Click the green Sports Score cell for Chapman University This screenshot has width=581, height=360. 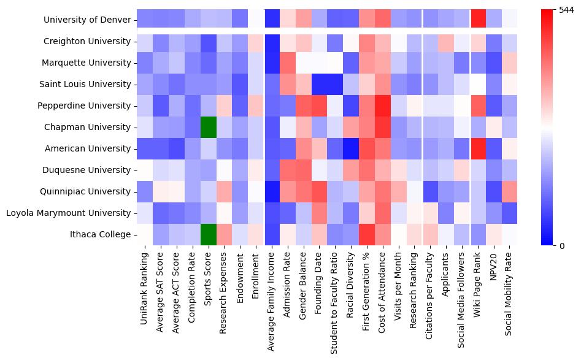[208, 127]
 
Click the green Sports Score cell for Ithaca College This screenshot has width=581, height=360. [208, 234]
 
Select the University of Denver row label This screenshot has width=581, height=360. [87, 20]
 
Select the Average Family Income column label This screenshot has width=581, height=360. [272, 300]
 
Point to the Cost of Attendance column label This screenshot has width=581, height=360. [383, 294]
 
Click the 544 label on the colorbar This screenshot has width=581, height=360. [566, 10]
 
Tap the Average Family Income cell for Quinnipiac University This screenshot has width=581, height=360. [272, 191]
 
